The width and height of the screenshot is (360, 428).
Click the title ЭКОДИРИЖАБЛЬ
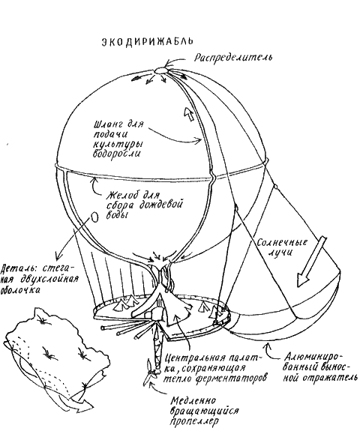[x=148, y=41]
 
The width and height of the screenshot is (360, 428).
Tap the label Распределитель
[x=233, y=57]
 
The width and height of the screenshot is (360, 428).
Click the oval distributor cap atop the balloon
[x=160, y=70]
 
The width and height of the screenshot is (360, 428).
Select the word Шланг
[x=109, y=124]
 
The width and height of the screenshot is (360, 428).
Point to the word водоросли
[x=117, y=154]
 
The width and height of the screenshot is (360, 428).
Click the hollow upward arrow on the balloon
[x=189, y=113]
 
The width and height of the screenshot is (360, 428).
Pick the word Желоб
[x=121, y=196]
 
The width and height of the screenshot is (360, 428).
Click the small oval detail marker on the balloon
[x=94, y=217]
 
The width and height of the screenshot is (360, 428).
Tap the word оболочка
[x=20, y=289]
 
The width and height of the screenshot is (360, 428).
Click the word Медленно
[x=193, y=401]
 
